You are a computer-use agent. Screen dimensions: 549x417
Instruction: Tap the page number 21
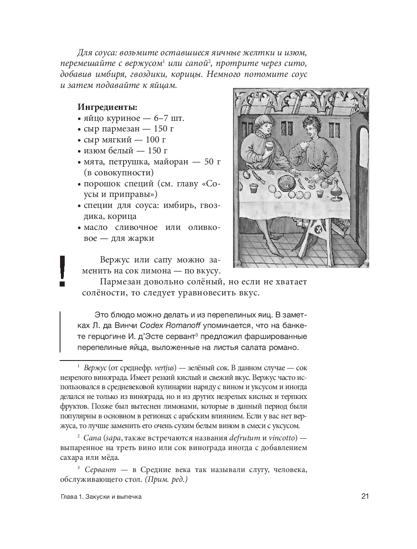(x=365, y=496)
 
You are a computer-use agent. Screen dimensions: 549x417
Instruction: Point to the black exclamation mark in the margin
(x=62, y=270)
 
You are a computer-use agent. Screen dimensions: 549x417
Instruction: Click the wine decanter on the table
(x=336, y=190)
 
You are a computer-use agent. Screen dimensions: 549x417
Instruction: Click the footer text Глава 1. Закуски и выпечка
(x=101, y=497)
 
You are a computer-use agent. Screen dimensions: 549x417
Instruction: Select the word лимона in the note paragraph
(x=167, y=271)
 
